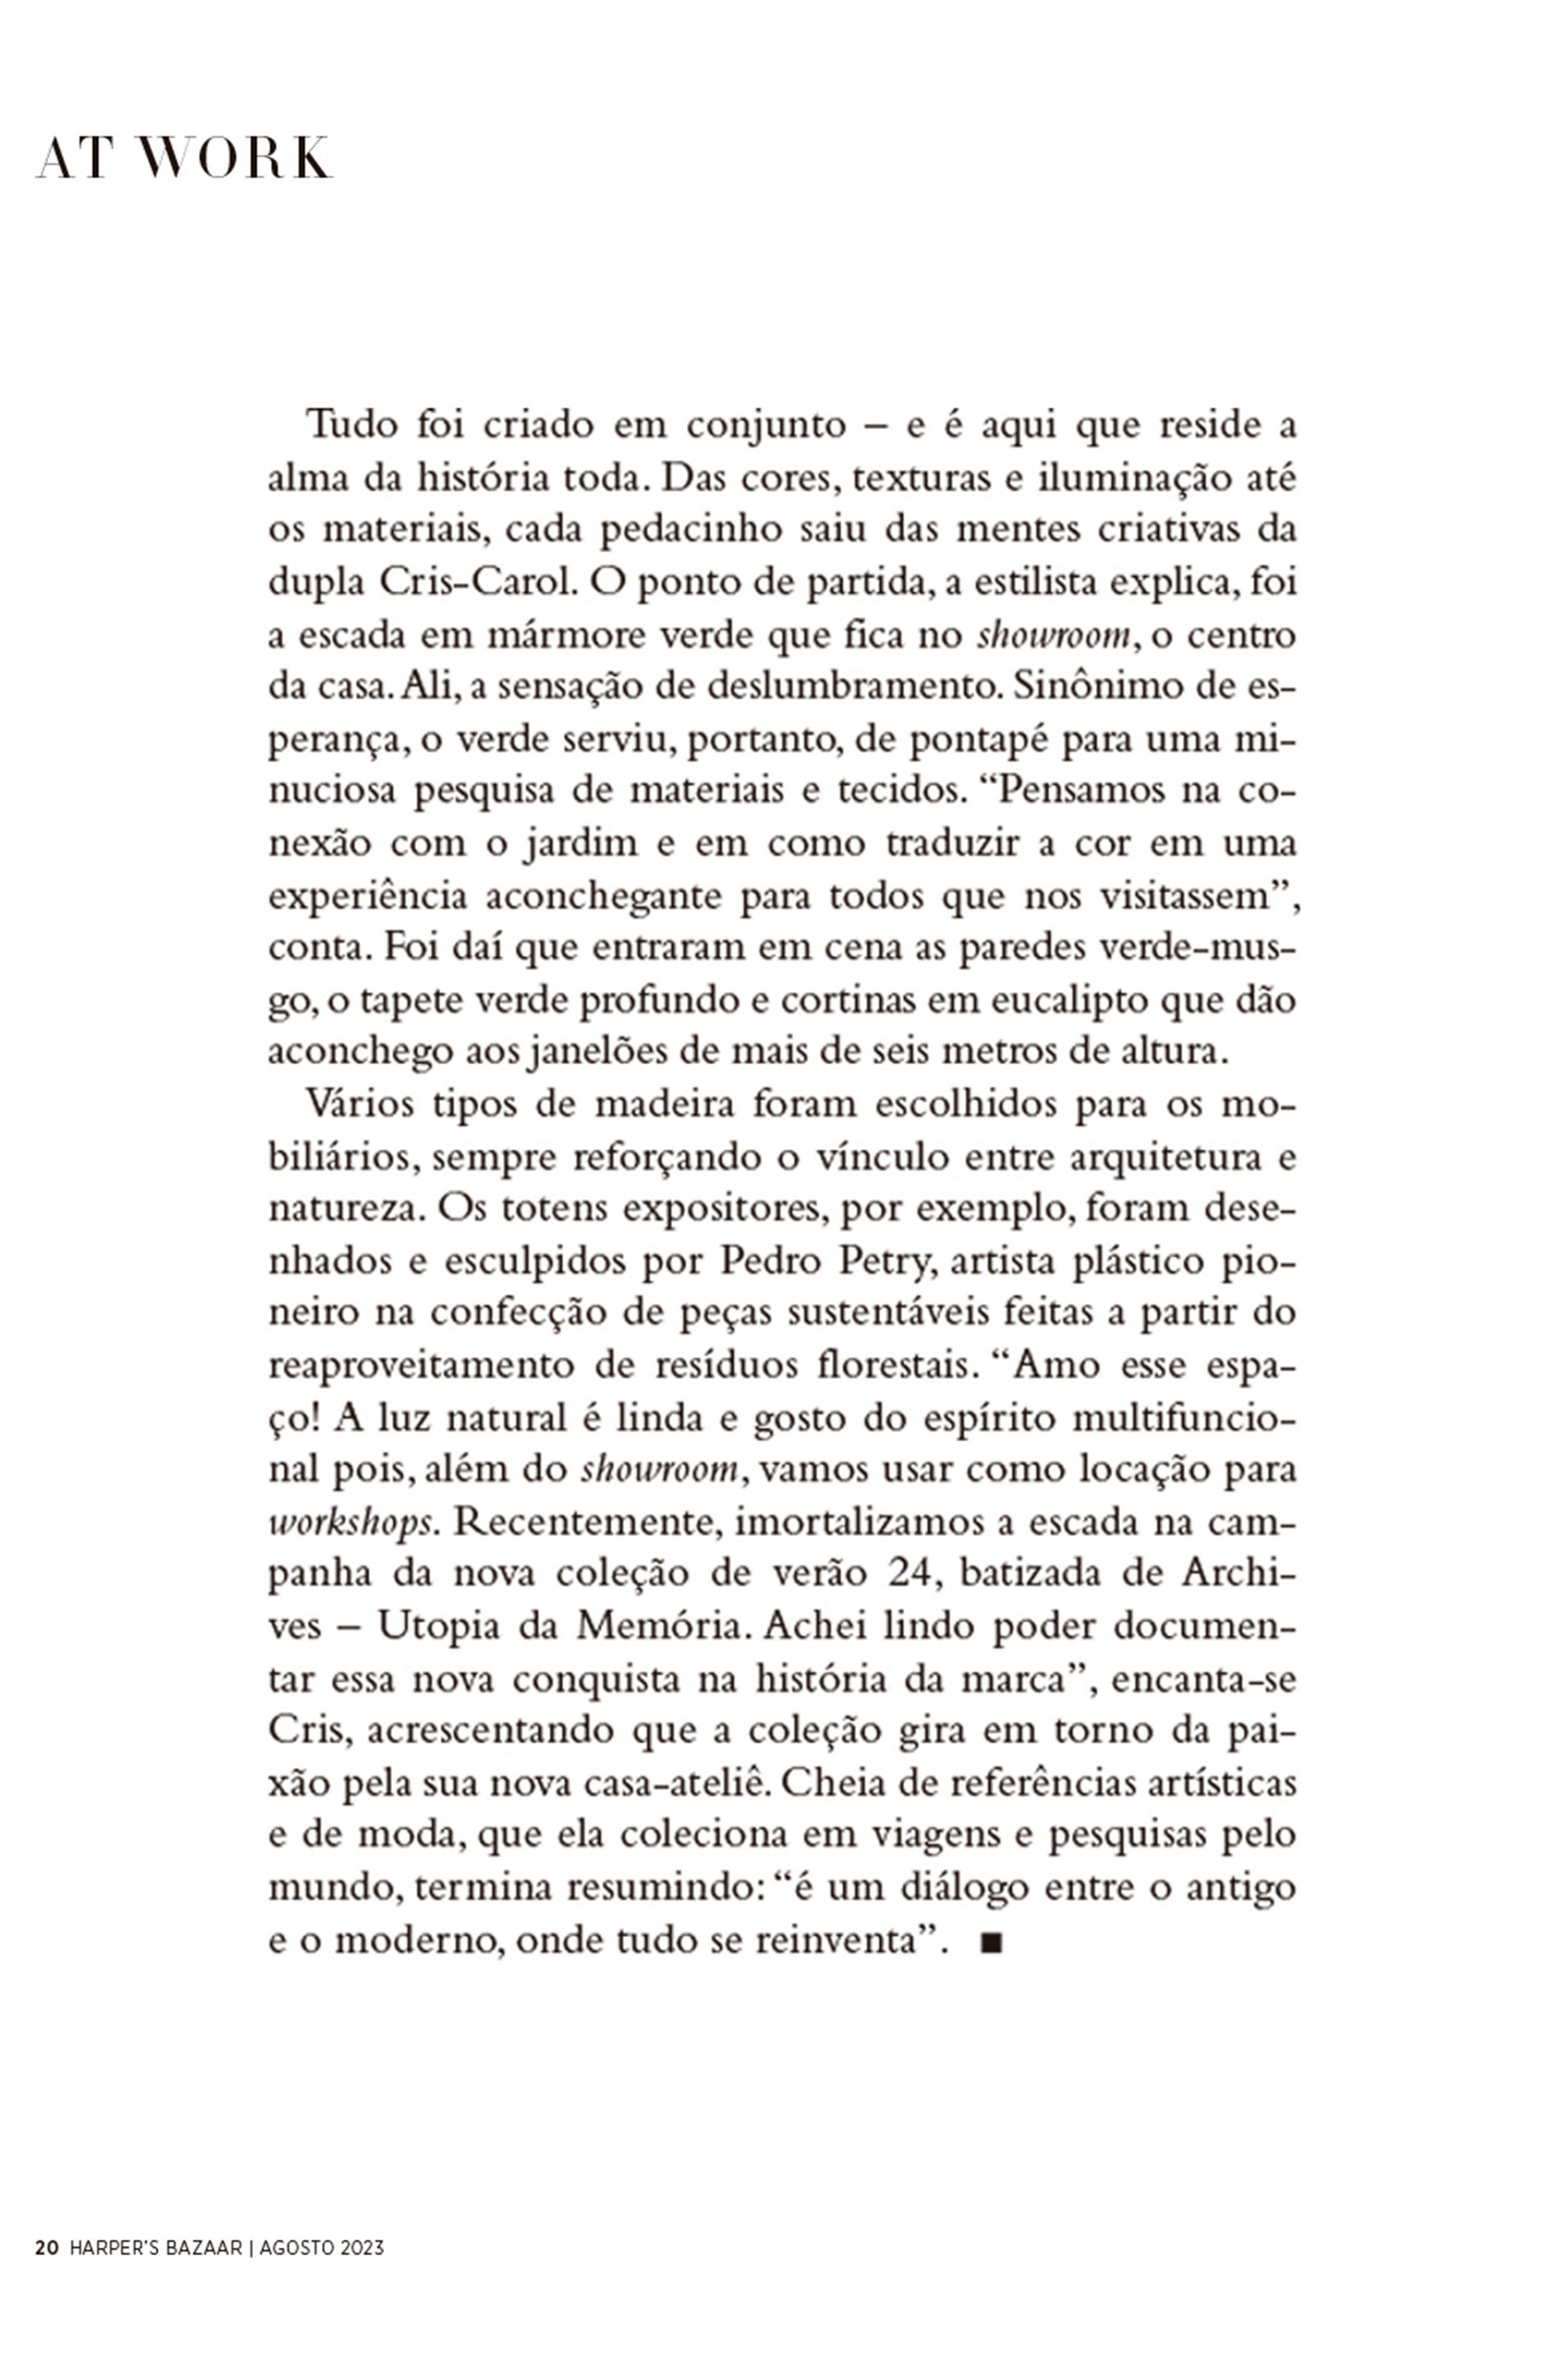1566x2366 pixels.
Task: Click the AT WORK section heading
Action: [184, 160]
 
